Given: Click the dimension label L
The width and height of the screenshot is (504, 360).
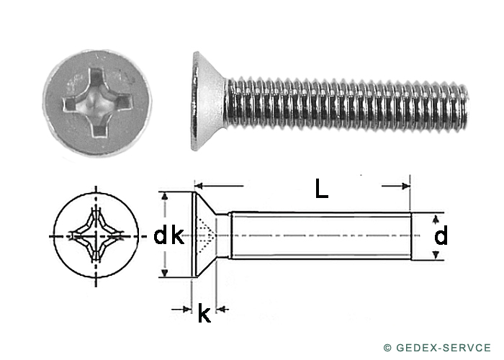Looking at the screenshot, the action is click(x=321, y=189).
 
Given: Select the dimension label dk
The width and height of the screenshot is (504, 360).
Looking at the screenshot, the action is click(x=168, y=235).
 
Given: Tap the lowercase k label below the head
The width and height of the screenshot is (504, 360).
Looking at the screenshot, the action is click(x=204, y=312).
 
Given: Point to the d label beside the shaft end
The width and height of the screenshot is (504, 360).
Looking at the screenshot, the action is click(x=441, y=235).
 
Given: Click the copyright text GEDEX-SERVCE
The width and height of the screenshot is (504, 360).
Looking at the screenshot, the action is click(x=444, y=348).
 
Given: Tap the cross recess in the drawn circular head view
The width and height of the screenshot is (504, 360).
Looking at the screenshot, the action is click(x=96, y=237).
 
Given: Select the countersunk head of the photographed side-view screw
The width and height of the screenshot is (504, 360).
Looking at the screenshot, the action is click(x=208, y=101).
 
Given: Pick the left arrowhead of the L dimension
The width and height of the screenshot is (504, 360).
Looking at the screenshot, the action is click(x=199, y=186).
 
